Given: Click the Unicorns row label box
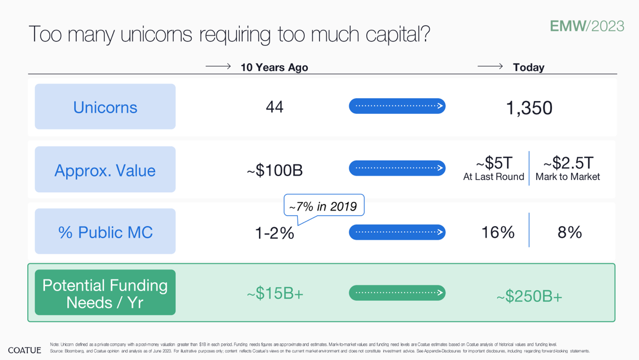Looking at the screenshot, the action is [105, 107].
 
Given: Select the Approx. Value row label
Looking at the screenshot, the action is [105, 169].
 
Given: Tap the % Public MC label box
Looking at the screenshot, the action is [105, 231].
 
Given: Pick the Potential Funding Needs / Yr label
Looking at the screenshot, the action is [105, 292].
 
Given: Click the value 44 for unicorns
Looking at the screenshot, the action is [274, 107].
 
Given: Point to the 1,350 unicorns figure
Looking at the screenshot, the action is [529, 108].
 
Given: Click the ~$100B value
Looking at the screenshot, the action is [274, 170].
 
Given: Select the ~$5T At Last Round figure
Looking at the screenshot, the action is [493, 169].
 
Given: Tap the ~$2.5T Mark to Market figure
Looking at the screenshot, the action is [568, 169].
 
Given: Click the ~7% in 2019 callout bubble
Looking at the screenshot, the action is [324, 206].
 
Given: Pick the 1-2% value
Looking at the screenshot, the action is [274, 233].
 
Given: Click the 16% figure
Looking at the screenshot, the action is [498, 233].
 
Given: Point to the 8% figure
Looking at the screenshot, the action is [570, 233].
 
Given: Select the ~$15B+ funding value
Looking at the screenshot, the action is [275, 293].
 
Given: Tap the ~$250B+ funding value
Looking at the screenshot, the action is [529, 297].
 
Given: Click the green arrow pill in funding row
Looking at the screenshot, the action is [397, 293].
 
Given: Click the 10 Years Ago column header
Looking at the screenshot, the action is [274, 67].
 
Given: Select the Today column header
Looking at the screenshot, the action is [528, 67].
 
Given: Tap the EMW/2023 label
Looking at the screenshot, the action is [587, 26].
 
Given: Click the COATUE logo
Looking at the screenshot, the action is [24, 350].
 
